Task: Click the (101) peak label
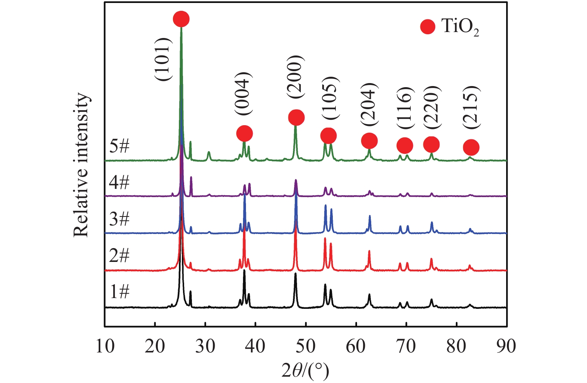(x=163, y=59)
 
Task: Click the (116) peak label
(x=404, y=108)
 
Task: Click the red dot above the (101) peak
(x=181, y=19)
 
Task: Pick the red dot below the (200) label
(x=296, y=118)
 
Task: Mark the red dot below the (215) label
(x=471, y=148)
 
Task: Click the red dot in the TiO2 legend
(x=427, y=26)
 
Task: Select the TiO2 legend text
(x=460, y=27)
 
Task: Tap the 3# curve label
(x=119, y=219)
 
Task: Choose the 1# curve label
(x=119, y=291)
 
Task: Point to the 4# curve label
(x=119, y=183)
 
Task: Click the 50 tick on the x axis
(x=306, y=346)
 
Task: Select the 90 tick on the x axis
(x=506, y=346)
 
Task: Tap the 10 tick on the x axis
(x=105, y=346)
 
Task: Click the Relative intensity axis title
(x=81, y=165)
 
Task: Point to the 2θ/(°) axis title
(x=306, y=371)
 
